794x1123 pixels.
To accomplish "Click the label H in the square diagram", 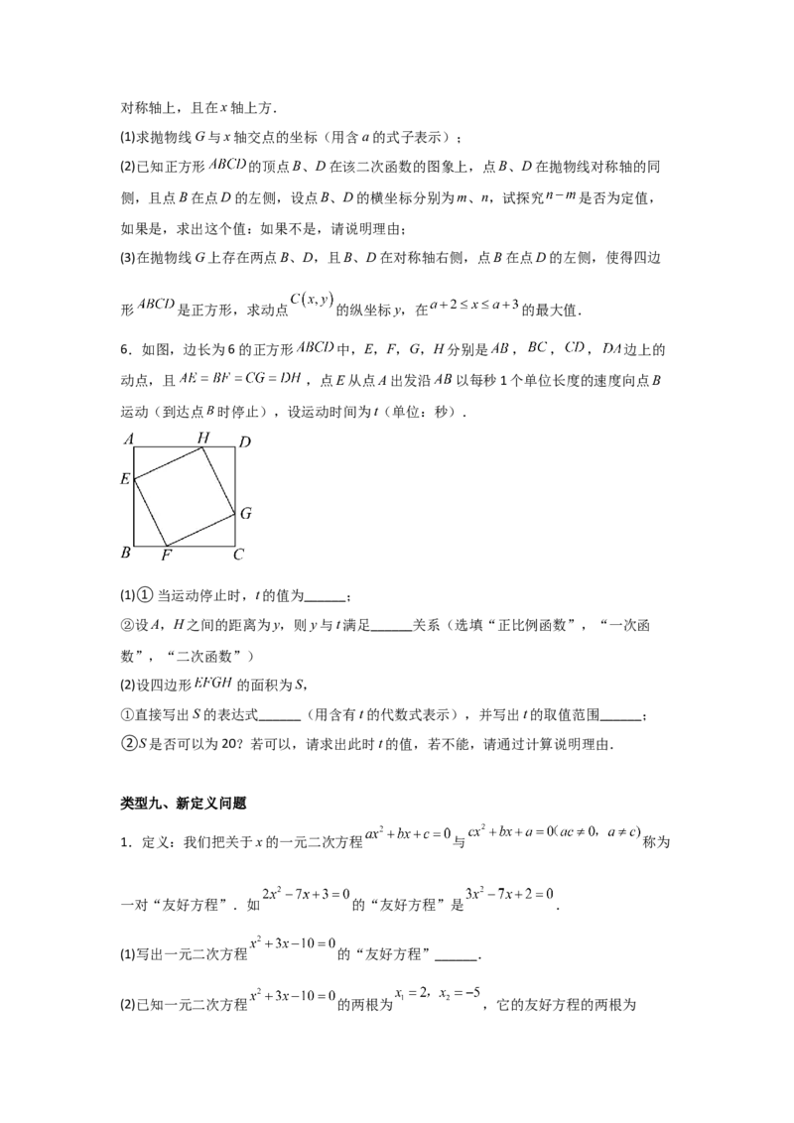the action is (x=203, y=437).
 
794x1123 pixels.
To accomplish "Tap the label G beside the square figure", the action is (x=246, y=514).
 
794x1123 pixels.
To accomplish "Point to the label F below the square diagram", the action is (x=167, y=556).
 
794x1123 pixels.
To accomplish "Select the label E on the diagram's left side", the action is (x=125, y=478).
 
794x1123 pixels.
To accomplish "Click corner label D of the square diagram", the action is (x=245, y=441).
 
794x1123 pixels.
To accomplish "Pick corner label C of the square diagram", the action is (x=238, y=554).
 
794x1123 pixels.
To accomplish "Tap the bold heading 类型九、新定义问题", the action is (x=184, y=804).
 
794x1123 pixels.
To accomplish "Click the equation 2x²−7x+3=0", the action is (x=306, y=894).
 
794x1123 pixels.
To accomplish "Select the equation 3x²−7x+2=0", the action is (x=509, y=894).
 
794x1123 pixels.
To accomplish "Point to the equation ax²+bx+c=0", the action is (x=408, y=833).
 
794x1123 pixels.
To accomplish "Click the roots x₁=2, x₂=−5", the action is (x=438, y=993).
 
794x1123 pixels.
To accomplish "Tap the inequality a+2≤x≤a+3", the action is (x=474, y=305).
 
